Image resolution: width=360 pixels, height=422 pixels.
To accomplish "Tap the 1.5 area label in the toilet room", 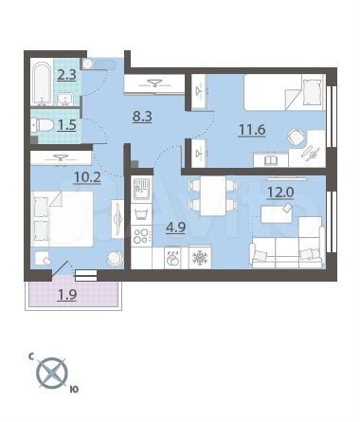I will pos(66,124).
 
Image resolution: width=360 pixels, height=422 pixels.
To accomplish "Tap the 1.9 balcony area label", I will pos(68,294).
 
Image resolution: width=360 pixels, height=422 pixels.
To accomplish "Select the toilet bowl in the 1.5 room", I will pos(43,124).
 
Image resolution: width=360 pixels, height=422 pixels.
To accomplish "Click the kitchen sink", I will pos(141,191).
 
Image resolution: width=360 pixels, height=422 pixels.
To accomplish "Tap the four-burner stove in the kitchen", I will pos(142,234).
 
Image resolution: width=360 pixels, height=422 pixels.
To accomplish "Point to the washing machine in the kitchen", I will pos(173,256).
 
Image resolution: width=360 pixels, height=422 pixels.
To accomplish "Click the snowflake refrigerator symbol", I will pos(200,256).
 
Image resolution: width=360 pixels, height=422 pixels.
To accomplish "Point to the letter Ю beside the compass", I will pos(74,388).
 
